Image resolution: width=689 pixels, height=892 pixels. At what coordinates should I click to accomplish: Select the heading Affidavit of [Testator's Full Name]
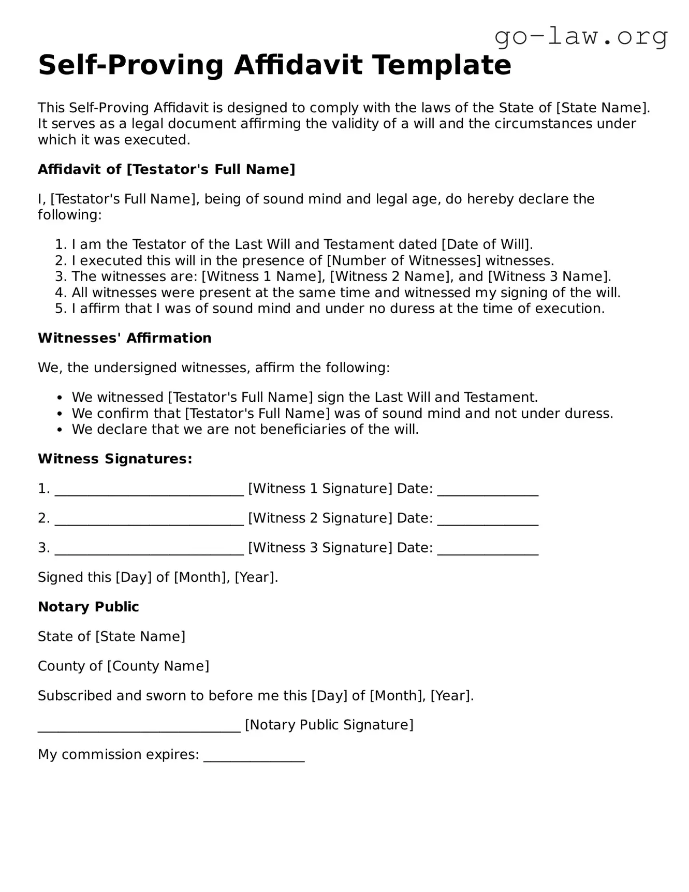(x=166, y=169)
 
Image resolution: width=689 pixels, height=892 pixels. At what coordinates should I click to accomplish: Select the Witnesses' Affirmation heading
(x=124, y=338)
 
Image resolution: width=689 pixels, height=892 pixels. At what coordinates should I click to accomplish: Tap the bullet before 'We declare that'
(x=61, y=430)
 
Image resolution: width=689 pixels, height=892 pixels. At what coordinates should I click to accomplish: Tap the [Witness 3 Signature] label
(x=320, y=548)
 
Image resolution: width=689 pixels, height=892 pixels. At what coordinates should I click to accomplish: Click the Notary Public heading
(x=88, y=607)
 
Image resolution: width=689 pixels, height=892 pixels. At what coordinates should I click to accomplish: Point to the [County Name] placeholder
(x=158, y=666)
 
